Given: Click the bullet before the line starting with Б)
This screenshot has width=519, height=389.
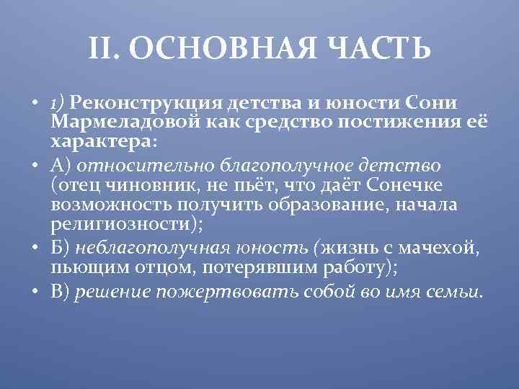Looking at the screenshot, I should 35,249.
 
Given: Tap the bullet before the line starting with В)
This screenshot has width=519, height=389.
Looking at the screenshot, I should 35,292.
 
